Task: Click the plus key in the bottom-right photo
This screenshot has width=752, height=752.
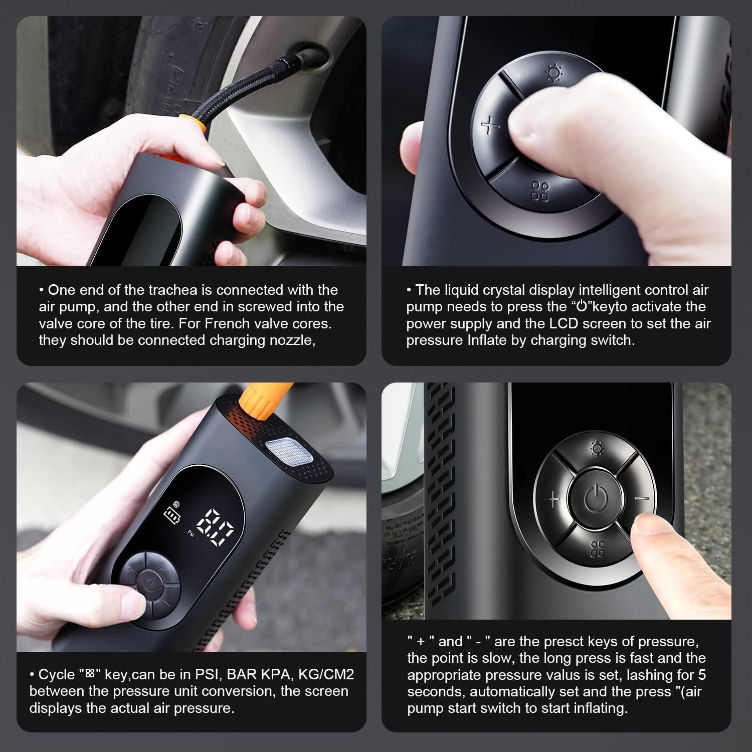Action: click(x=553, y=499)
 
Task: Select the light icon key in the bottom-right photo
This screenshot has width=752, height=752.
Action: click(x=596, y=449)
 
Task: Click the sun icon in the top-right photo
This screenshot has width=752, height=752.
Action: click(x=554, y=74)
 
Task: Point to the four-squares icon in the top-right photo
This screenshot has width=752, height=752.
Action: click(x=539, y=191)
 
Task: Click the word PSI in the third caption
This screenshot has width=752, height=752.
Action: click(x=208, y=674)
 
